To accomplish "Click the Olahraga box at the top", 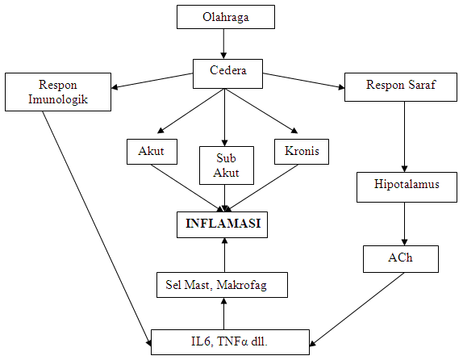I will pyautogui.click(x=225, y=17).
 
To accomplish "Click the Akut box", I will pyautogui.click(x=152, y=151).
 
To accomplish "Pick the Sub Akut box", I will pyautogui.click(x=226, y=165).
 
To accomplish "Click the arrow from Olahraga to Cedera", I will pyautogui.click(x=225, y=44).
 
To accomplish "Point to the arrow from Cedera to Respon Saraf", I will pyautogui.click(x=303, y=81).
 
